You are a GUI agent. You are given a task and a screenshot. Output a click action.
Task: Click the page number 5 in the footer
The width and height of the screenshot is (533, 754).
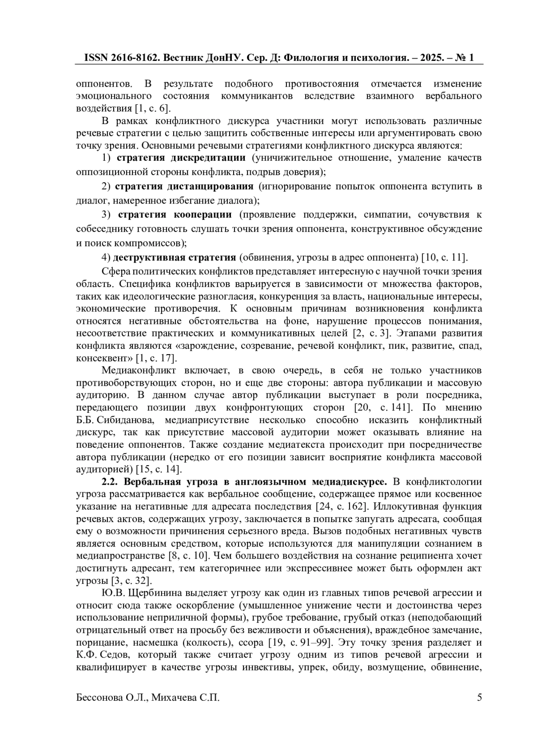pos(479,697)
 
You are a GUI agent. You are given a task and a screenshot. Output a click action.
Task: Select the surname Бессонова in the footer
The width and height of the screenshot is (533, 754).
pos(99,698)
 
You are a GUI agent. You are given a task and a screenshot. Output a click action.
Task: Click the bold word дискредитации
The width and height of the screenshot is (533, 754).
pos(208,158)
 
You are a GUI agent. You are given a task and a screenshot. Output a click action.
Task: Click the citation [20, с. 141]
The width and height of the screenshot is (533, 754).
pos(383,407)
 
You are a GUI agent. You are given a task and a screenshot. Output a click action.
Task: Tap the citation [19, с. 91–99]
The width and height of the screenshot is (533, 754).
pos(302,642)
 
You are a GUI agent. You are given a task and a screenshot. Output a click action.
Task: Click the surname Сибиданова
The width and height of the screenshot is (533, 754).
pos(126,420)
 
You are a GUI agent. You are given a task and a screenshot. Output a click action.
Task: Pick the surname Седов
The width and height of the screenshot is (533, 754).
pos(117,655)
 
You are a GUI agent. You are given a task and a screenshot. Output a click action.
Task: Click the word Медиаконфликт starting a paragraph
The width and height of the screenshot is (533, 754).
pos(139,371)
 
